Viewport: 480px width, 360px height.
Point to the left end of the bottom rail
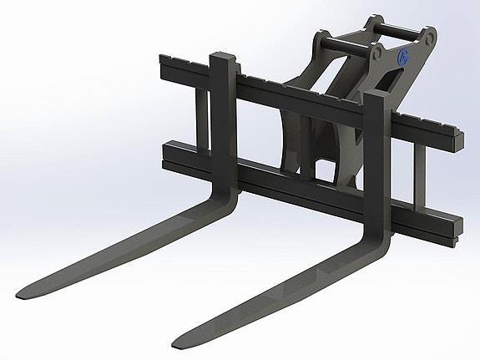click(160, 154)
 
